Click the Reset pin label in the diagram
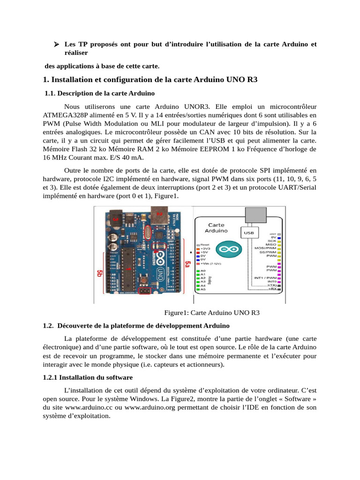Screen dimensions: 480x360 click(x=205, y=245)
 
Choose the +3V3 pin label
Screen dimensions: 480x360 click(x=205, y=248)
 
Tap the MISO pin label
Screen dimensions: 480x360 click(x=270, y=245)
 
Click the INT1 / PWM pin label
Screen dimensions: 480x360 click(x=265, y=278)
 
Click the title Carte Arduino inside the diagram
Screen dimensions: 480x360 click(x=216, y=227)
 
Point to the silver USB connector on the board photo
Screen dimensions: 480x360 click(x=160, y=216)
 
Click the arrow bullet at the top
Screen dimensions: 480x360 click(x=55, y=45)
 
